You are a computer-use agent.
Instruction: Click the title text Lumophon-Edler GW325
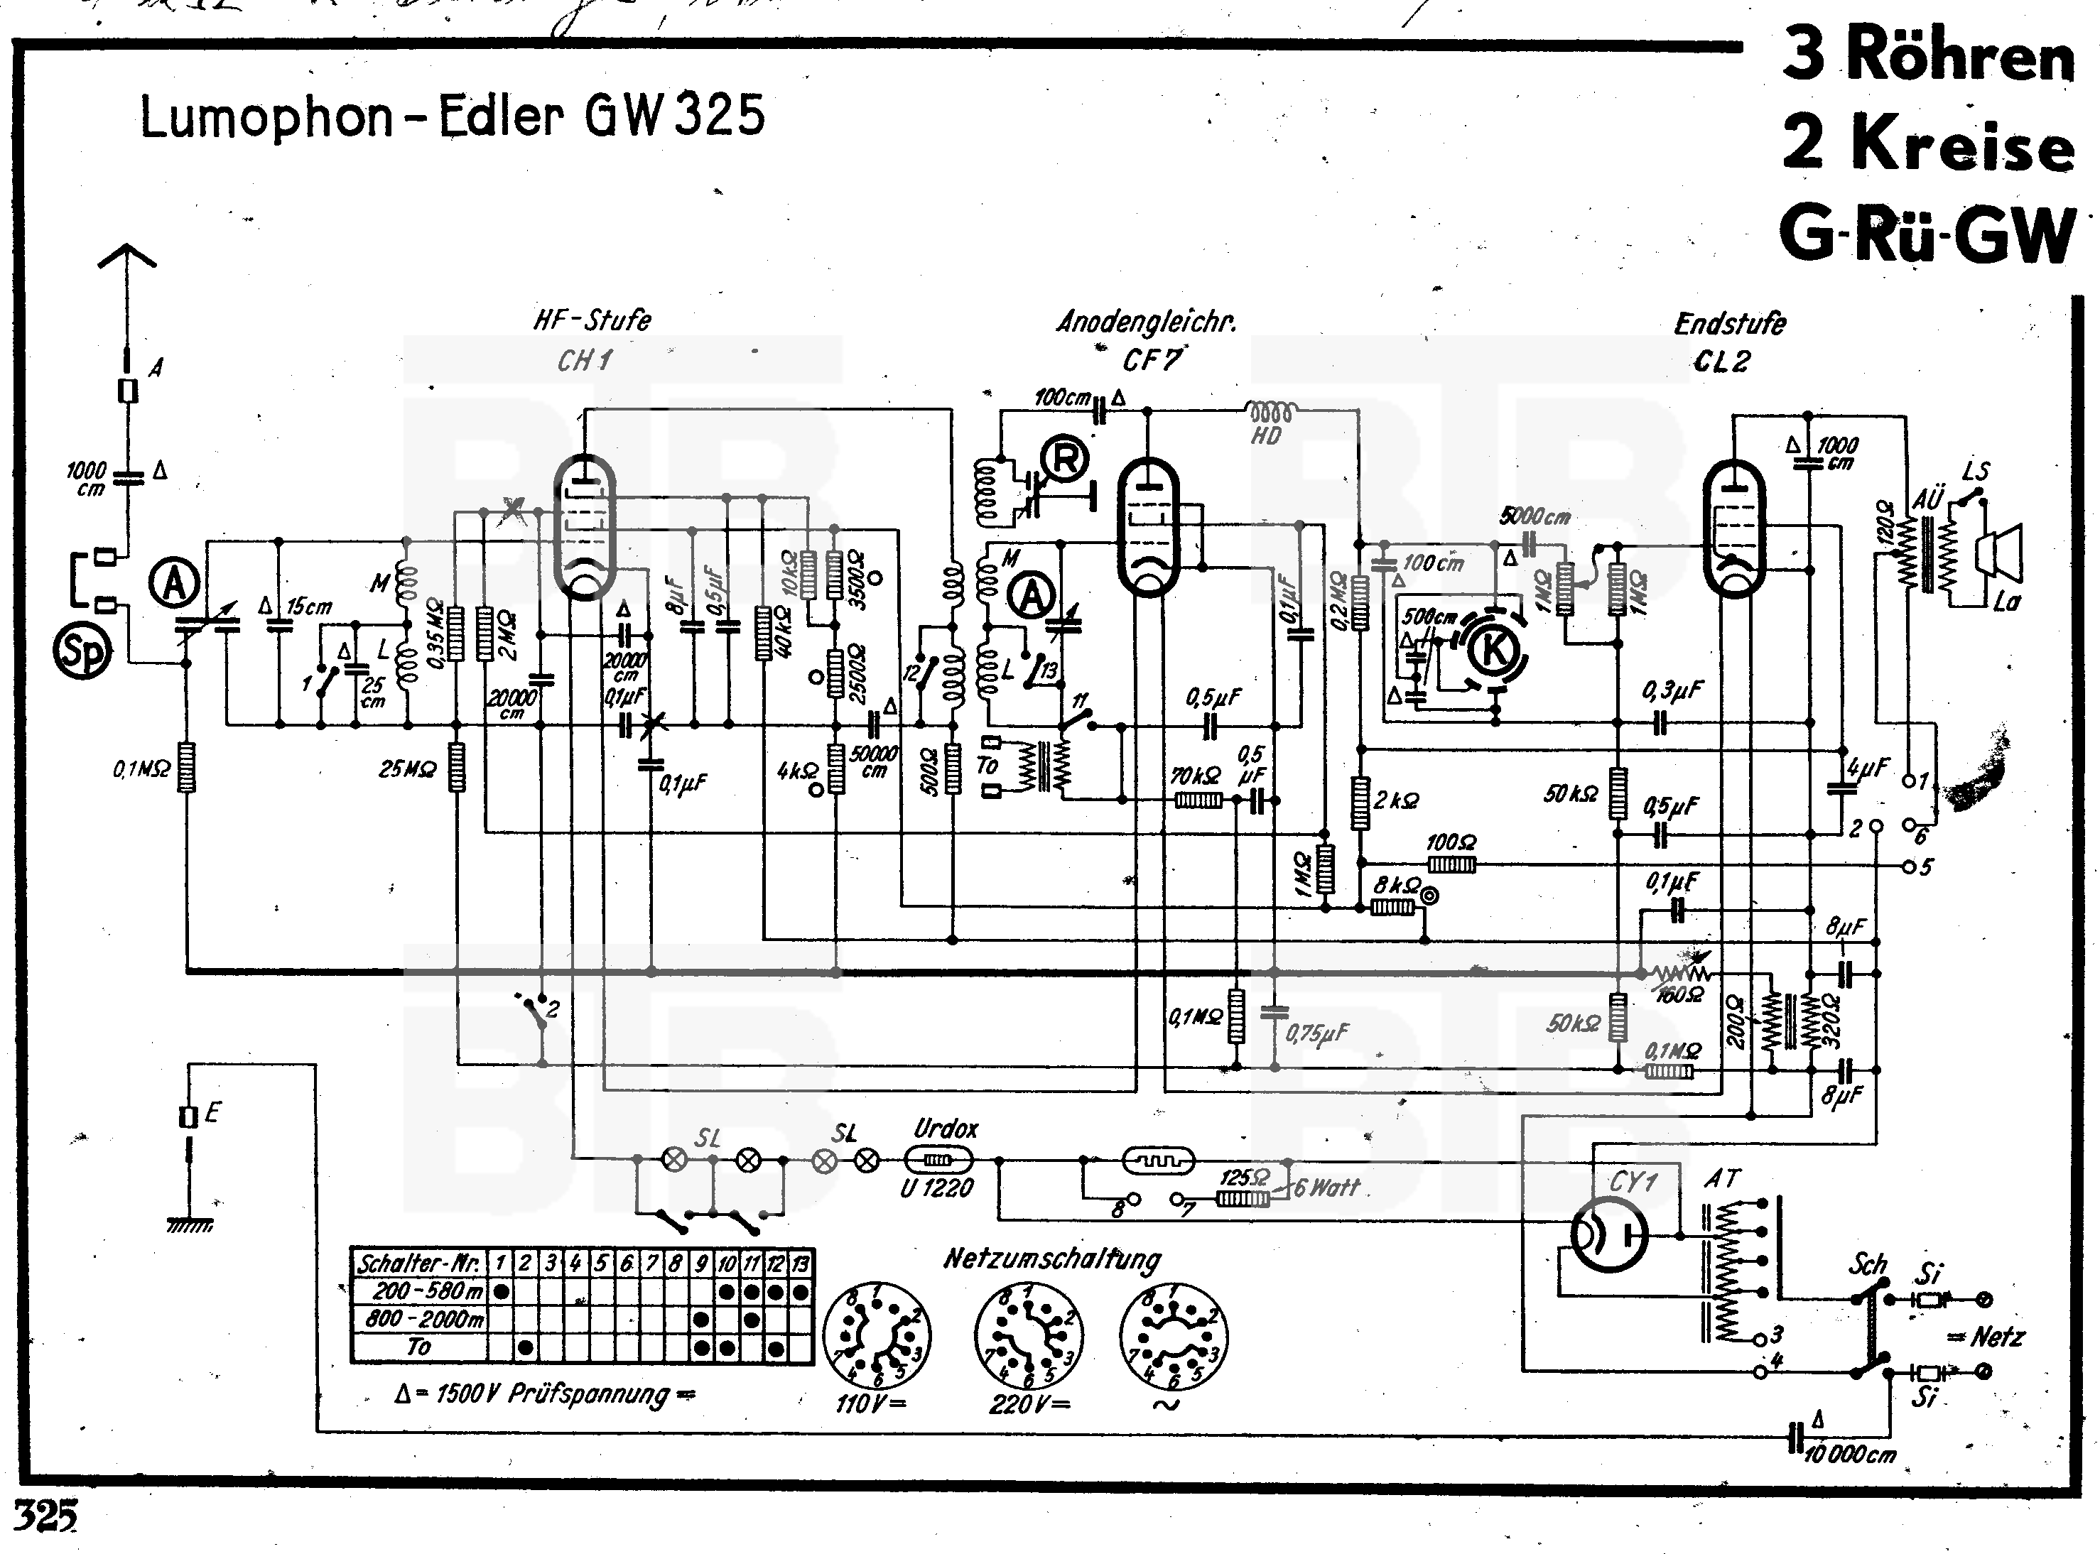(452, 118)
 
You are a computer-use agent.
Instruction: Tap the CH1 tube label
(584, 360)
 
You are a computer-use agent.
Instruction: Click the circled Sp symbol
(83, 652)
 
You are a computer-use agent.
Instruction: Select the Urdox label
(946, 1128)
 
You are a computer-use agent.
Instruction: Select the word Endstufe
(1729, 324)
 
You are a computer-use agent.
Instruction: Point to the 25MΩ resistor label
(406, 769)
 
